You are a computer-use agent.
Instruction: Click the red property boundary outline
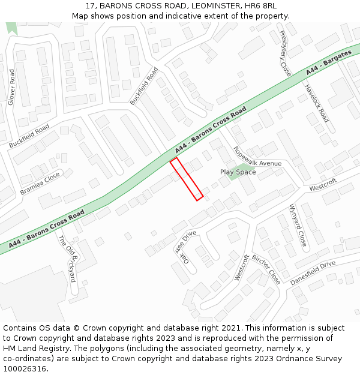click(x=186, y=179)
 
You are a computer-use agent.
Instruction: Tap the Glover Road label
click(x=11, y=88)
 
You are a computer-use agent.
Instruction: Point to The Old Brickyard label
click(x=67, y=258)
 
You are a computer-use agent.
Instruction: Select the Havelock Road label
click(x=316, y=103)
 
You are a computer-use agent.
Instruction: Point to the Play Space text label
click(x=238, y=172)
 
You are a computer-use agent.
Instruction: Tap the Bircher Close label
click(x=266, y=269)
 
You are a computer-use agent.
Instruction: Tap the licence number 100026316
click(x=24, y=369)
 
